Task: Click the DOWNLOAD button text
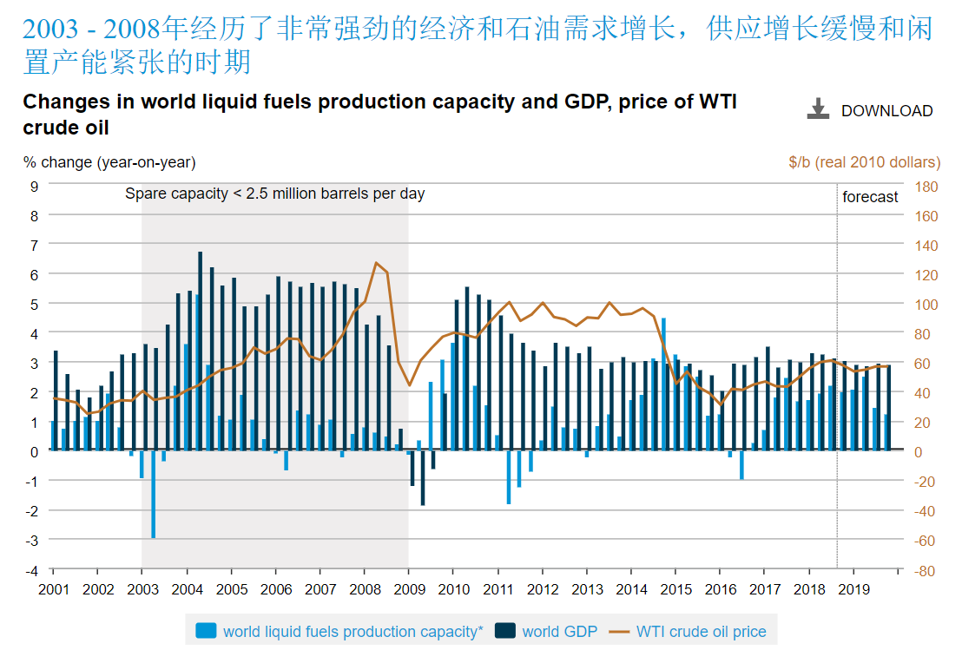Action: [886, 111]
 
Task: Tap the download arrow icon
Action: [818, 109]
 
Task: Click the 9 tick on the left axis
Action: [35, 186]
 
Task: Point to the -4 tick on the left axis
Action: [33, 570]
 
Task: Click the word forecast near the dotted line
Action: [870, 197]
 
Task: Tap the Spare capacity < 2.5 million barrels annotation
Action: [275, 194]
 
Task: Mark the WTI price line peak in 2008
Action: [376, 262]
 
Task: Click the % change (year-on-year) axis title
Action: [109, 162]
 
